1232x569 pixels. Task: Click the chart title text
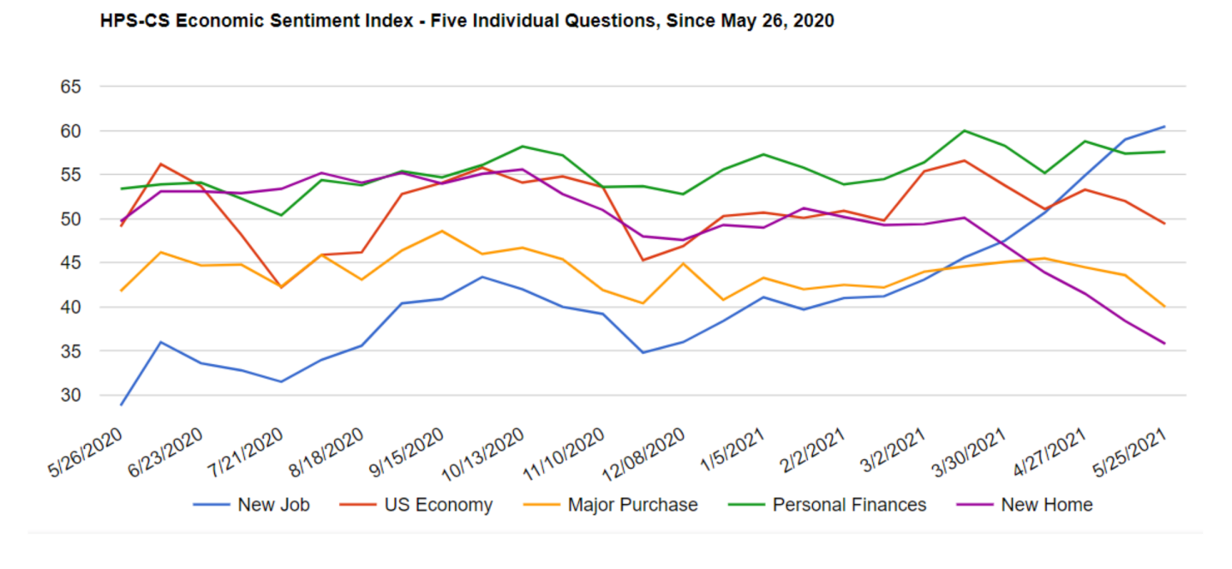tap(467, 21)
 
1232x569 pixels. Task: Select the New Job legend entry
tap(272, 505)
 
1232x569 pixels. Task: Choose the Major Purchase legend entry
tap(631, 505)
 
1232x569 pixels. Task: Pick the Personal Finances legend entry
tap(848, 505)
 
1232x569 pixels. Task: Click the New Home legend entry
tap(1046, 505)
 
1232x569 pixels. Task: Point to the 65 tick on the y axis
tap(70, 87)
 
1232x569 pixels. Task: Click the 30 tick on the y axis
tap(70, 395)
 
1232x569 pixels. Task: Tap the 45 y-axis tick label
tap(70, 263)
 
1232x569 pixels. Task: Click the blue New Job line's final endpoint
tap(1164, 127)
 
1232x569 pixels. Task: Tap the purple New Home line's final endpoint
tap(1164, 344)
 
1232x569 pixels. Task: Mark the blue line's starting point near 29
tap(122, 404)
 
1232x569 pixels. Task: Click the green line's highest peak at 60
tap(966, 130)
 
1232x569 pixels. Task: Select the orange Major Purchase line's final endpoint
tap(1164, 307)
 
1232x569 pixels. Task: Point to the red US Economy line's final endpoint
tap(1164, 224)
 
